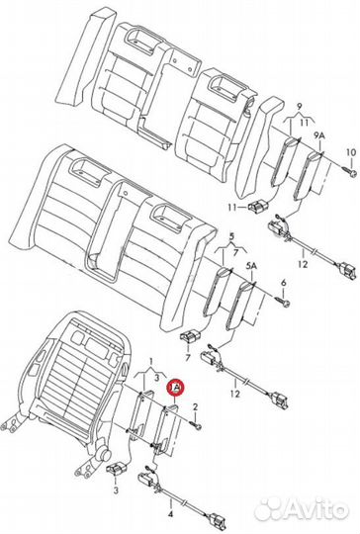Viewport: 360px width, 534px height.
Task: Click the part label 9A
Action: pyautogui.click(x=317, y=136)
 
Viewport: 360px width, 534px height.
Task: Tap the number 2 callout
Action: pyautogui.click(x=195, y=407)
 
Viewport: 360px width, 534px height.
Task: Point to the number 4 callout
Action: pyautogui.click(x=171, y=512)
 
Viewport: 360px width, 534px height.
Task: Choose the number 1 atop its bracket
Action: pyautogui.click(x=149, y=365)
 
